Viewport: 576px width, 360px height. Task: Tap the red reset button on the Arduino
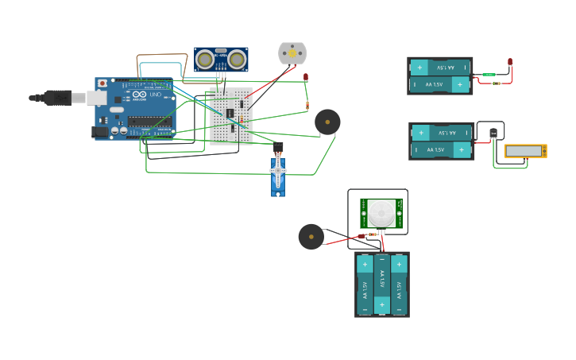point(102,83)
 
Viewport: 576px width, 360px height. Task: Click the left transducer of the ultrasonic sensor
point(205,59)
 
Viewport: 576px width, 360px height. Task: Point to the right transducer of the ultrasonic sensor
point(237,59)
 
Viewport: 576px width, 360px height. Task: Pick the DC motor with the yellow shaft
point(292,53)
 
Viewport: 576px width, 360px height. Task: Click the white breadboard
point(231,116)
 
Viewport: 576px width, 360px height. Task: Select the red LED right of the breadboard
point(306,77)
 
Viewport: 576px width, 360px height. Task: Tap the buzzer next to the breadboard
point(327,122)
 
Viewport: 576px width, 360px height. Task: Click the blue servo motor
point(277,175)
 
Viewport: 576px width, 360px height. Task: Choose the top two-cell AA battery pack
point(439,75)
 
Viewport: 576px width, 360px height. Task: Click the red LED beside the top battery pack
point(510,62)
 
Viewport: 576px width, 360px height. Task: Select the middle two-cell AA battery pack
point(441,141)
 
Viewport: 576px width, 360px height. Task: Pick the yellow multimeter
point(525,151)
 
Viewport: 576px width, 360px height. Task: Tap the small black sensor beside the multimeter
point(493,133)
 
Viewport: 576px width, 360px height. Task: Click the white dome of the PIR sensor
point(381,213)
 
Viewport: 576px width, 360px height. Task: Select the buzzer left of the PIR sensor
point(311,237)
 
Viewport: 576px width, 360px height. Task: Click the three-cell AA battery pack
point(381,285)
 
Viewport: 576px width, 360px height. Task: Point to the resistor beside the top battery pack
point(497,83)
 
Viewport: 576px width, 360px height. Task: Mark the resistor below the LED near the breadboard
point(307,105)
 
